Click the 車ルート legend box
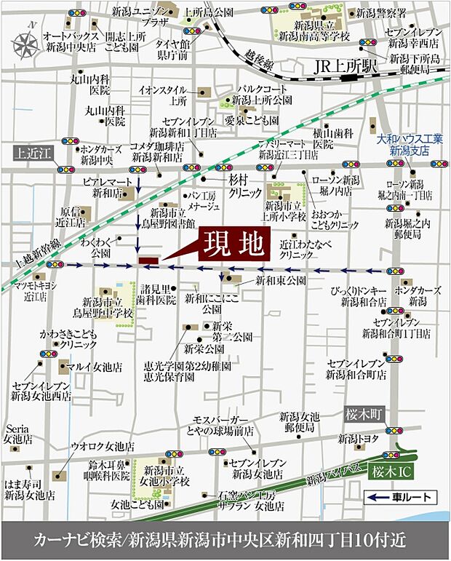tap(400, 498)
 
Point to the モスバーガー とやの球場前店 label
tap(222, 425)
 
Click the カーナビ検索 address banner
tap(225, 541)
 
